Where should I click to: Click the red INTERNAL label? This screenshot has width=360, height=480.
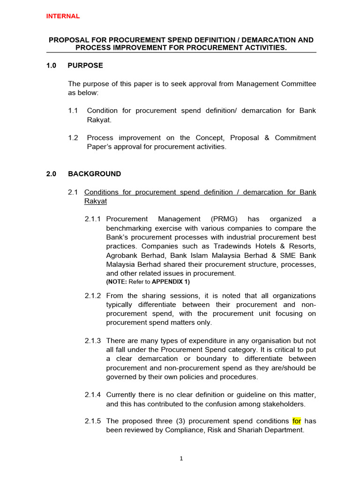[x=63, y=16]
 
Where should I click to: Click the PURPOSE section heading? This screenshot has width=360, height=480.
[x=85, y=66]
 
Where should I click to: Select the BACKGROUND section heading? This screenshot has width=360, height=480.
[x=94, y=174]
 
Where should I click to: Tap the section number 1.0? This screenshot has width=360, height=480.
[x=51, y=66]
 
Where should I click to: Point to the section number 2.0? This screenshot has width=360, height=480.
[x=51, y=174]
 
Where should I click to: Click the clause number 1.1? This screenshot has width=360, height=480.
[x=73, y=111]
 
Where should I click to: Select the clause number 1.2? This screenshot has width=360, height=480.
[x=73, y=138]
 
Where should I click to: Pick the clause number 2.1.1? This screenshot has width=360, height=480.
[x=93, y=219]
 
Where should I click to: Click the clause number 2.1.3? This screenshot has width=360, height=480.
[x=93, y=341]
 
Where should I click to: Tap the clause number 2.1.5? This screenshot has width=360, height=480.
[x=93, y=421]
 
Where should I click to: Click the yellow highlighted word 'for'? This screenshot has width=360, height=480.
[x=297, y=421]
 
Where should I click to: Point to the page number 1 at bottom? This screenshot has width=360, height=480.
[x=181, y=459]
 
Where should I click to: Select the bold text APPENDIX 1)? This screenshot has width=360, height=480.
[x=171, y=282]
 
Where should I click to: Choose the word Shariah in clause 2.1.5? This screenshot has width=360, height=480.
[x=240, y=430]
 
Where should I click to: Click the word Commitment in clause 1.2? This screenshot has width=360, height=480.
[x=296, y=138]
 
